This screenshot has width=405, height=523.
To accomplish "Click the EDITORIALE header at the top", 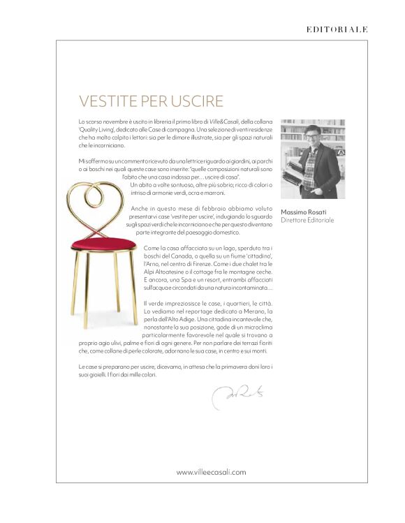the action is pos(337,29).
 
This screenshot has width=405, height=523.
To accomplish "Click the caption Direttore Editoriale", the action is pos(307,221).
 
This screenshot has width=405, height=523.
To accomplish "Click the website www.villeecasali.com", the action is pos(212,472).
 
